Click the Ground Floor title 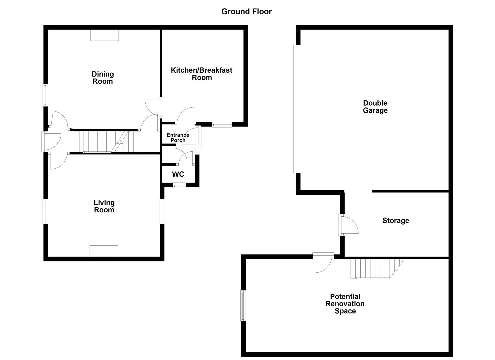[x=246, y=11]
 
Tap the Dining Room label [x=103, y=78]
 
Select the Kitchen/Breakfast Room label [x=201, y=74]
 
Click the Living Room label [x=104, y=206]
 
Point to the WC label [x=178, y=174]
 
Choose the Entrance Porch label [x=178, y=137]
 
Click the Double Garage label [x=375, y=107]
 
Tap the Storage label [x=395, y=220]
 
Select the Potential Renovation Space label [x=345, y=304]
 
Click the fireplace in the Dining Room [x=104, y=35]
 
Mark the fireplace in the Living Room [x=104, y=251]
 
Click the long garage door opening [x=300, y=109]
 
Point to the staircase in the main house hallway [x=108, y=142]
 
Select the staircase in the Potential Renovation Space [x=375, y=268]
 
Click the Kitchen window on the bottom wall [x=222, y=125]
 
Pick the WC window [x=179, y=186]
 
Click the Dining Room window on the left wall [x=45, y=95]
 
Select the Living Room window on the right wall [x=163, y=211]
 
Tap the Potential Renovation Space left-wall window [x=243, y=306]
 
